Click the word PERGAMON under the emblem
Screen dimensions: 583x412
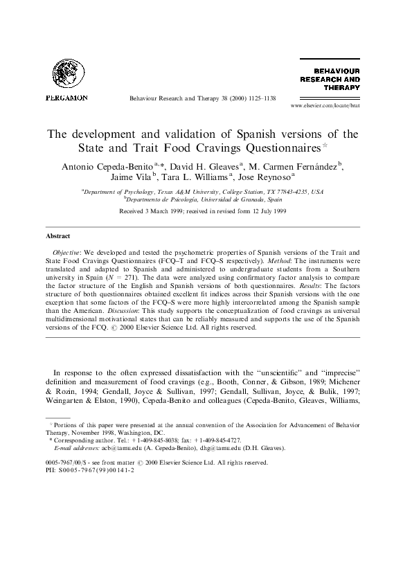click(66, 98)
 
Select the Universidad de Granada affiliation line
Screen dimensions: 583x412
click(206, 198)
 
